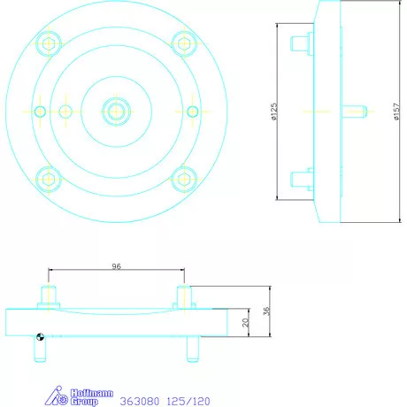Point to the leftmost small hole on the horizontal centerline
(x=40, y=111)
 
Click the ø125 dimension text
(x=274, y=111)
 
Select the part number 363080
(x=137, y=400)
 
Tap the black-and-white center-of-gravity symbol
(x=39, y=334)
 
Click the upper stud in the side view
(x=300, y=42)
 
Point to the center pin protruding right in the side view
(x=353, y=111)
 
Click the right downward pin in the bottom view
(x=191, y=346)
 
